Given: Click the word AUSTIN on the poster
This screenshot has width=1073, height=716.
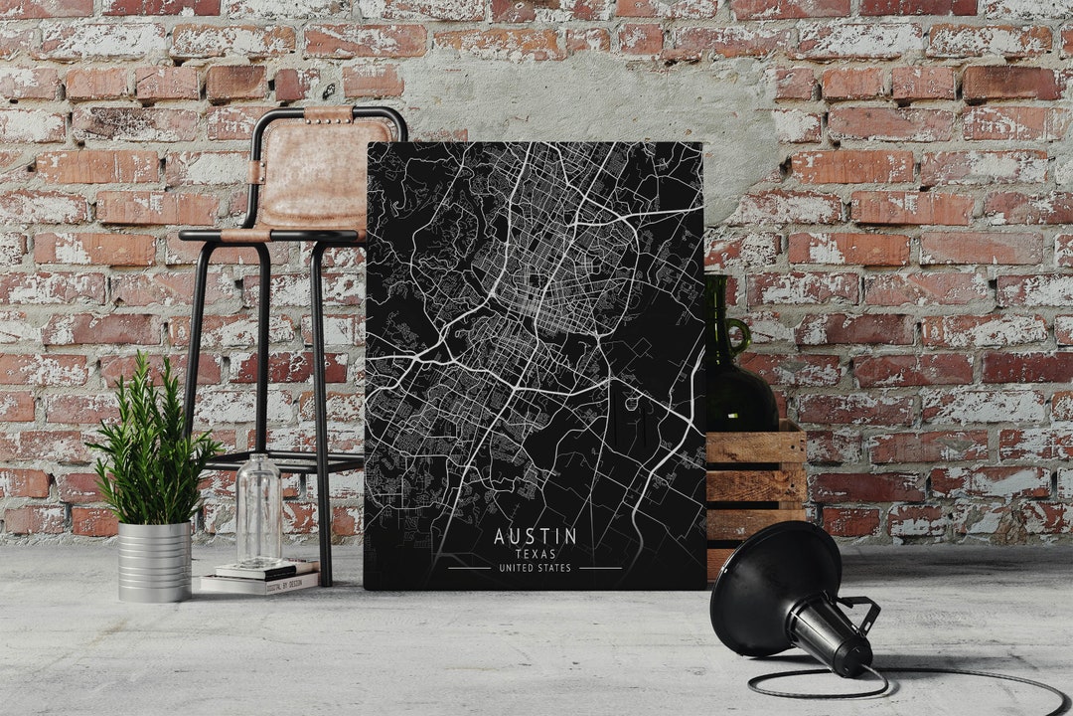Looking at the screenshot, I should pyautogui.click(x=535, y=536).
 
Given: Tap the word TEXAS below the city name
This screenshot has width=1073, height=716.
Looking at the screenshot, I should pyautogui.click(x=535, y=554).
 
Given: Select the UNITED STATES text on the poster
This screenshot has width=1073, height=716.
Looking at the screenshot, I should pyautogui.click(x=535, y=568).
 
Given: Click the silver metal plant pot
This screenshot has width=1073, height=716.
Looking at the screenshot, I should pyautogui.click(x=154, y=561).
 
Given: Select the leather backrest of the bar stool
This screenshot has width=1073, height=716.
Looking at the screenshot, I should pyautogui.click(x=324, y=169).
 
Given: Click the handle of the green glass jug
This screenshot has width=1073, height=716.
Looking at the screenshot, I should pyautogui.click(x=738, y=335).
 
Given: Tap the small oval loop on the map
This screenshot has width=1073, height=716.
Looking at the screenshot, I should pyautogui.click(x=630, y=403).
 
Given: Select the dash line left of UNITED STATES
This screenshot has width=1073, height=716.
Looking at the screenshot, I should pyautogui.click(x=468, y=568).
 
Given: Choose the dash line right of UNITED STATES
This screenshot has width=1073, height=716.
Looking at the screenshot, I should pyautogui.click(x=600, y=568).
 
